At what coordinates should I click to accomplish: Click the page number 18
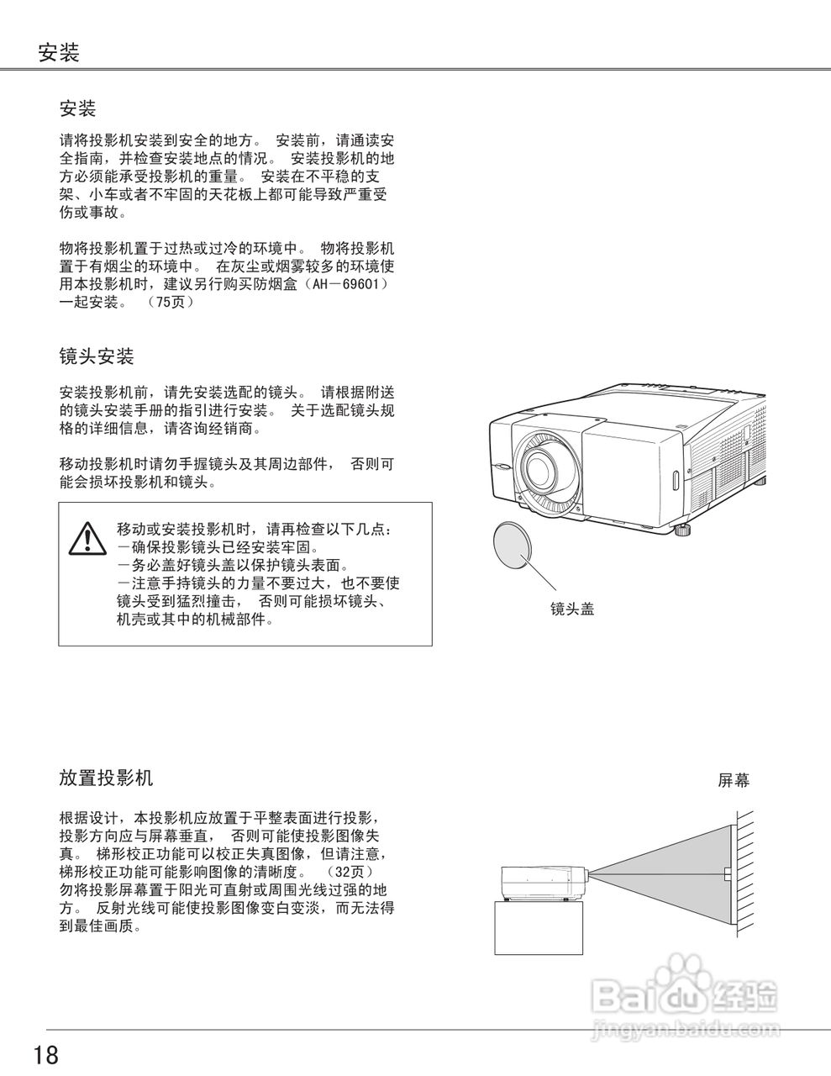(46, 1054)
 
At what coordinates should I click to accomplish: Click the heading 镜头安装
(97, 356)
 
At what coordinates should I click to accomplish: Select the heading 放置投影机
(106, 778)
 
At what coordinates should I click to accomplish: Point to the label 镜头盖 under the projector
(572, 609)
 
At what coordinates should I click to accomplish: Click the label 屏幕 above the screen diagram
(733, 781)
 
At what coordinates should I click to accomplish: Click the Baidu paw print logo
(686, 978)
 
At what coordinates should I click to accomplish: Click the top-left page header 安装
(59, 54)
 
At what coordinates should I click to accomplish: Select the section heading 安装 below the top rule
(78, 108)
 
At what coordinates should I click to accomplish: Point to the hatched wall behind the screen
(744, 874)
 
